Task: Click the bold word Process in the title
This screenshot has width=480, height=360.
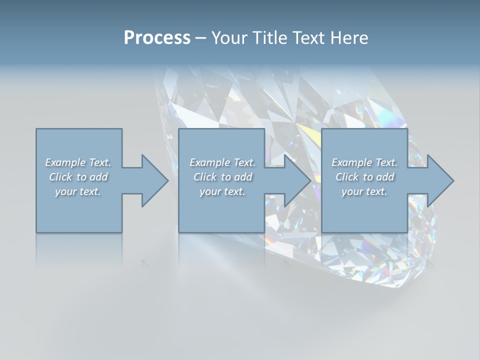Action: click(157, 38)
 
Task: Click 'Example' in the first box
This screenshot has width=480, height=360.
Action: click(65, 162)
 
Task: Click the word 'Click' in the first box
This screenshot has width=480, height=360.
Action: click(60, 177)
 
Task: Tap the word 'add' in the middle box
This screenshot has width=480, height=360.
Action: click(243, 177)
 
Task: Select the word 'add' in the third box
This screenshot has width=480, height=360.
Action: click(385, 177)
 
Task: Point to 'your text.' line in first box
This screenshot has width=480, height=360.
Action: click(78, 191)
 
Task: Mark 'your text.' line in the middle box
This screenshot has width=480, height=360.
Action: click(222, 191)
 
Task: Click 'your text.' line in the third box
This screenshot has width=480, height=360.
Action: click(364, 191)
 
